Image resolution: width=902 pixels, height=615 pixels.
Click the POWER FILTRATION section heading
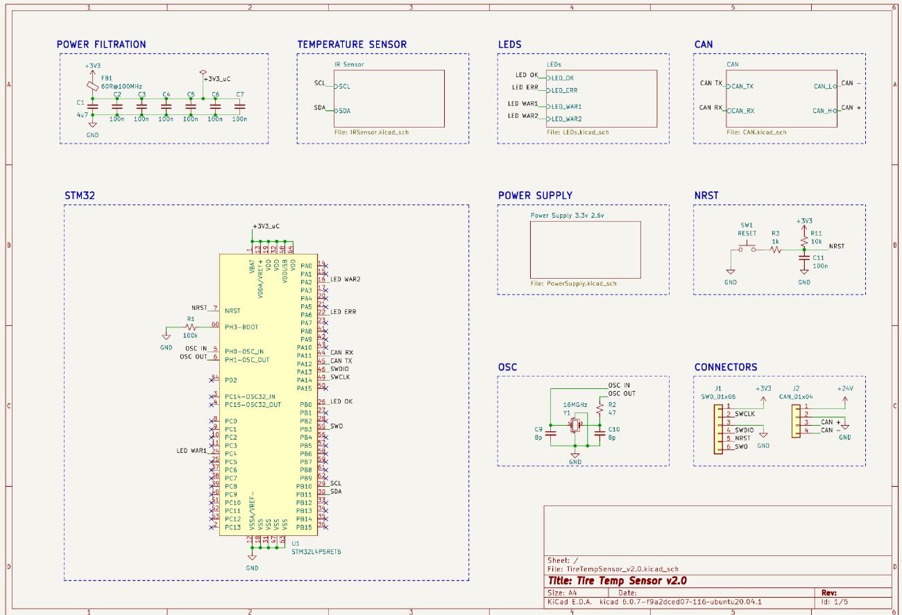[x=101, y=44]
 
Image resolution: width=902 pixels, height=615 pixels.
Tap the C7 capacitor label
[x=240, y=94]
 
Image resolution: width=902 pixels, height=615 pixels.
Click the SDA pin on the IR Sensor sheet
[x=344, y=111]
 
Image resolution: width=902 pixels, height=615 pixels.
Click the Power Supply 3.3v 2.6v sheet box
[x=585, y=250]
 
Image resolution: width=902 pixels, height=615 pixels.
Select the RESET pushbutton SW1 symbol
[x=747, y=249]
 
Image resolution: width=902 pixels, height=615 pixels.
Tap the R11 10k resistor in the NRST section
[x=803, y=239]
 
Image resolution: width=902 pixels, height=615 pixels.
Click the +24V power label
[x=844, y=389]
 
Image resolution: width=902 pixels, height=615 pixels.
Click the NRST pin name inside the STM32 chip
[x=232, y=311]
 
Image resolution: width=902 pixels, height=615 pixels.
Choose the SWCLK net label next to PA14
[x=340, y=377]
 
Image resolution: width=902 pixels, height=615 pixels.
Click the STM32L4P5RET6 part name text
[x=316, y=552]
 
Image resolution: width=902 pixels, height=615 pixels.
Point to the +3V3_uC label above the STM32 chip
[x=266, y=226]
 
